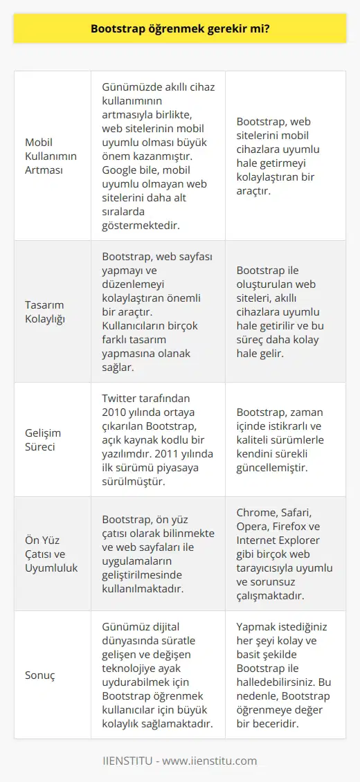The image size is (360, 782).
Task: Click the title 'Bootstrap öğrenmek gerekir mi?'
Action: pyautogui.click(x=179, y=30)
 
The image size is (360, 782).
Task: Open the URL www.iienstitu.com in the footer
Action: pyautogui.click(x=214, y=761)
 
